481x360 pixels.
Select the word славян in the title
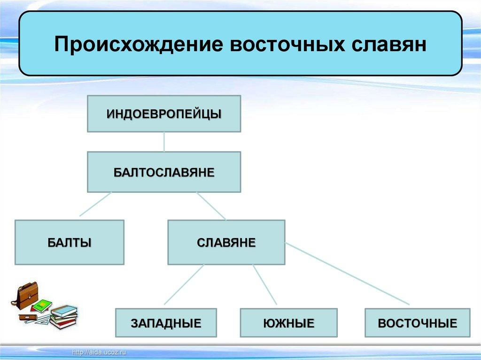(388, 45)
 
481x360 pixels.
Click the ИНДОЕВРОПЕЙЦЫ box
(164, 114)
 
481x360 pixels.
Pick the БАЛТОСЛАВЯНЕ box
(164, 172)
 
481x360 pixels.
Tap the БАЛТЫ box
(70, 243)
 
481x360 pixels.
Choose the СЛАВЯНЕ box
(226, 243)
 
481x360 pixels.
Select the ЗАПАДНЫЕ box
(166, 323)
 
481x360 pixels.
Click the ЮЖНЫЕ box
(288, 323)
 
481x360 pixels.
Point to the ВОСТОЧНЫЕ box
(417, 323)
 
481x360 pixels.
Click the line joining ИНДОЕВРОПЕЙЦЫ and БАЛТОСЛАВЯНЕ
(164, 142)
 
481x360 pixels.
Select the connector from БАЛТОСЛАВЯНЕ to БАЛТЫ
(95, 204)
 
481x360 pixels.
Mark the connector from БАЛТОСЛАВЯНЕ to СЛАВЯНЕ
(211, 206)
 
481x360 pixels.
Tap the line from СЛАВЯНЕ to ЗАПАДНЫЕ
(184, 285)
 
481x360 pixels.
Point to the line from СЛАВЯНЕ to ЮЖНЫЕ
(264, 285)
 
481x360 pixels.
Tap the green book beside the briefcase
(42, 306)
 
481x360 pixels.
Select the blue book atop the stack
(64, 310)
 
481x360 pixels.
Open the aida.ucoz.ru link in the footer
(100, 352)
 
